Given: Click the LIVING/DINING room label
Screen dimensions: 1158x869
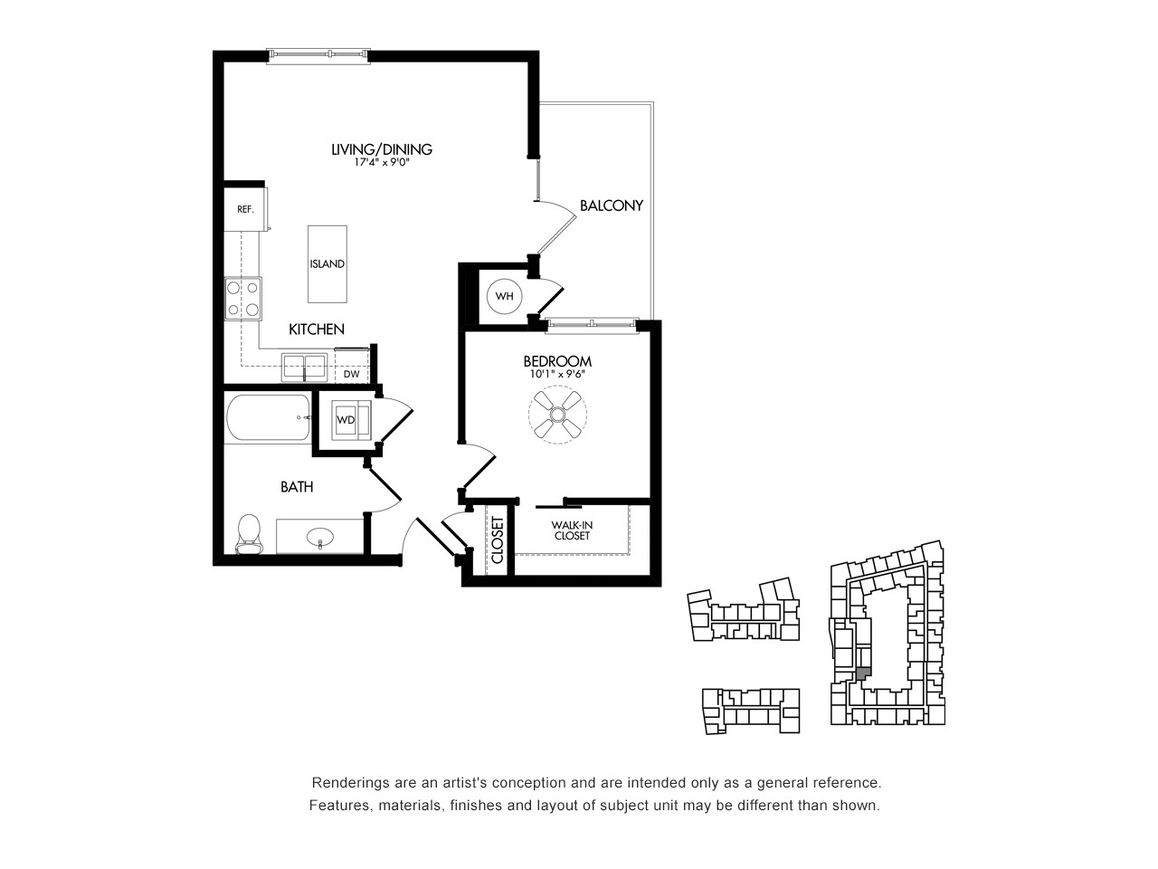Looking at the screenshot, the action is (x=382, y=149).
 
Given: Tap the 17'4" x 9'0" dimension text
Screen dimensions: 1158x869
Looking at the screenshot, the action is (x=382, y=163).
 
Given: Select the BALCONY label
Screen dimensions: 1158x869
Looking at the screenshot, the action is (x=612, y=205).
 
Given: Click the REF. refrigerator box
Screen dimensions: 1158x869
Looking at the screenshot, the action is (x=245, y=209).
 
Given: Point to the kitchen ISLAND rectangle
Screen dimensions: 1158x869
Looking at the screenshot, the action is (x=327, y=263).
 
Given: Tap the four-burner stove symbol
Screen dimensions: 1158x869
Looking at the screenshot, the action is (x=243, y=299).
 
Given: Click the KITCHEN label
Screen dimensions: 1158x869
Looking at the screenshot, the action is (x=317, y=329).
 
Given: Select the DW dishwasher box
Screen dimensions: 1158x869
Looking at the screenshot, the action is (x=352, y=366).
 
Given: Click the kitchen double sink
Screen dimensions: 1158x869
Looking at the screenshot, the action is (x=304, y=368).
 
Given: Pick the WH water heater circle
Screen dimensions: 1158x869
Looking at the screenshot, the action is (x=504, y=296).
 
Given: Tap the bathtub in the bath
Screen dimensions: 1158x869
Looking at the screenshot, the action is (x=268, y=417).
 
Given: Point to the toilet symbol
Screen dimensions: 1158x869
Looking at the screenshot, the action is (x=249, y=534).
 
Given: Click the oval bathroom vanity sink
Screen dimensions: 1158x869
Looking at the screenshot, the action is (x=319, y=538).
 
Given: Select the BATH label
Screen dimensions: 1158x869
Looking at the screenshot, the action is (x=297, y=486).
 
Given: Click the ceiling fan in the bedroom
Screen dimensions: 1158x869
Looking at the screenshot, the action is (x=557, y=415).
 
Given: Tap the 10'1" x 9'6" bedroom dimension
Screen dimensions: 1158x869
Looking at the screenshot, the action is (x=557, y=375).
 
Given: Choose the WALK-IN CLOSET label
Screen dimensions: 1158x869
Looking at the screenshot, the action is (x=572, y=530).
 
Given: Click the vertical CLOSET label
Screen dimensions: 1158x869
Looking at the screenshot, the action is (x=498, y=540).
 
